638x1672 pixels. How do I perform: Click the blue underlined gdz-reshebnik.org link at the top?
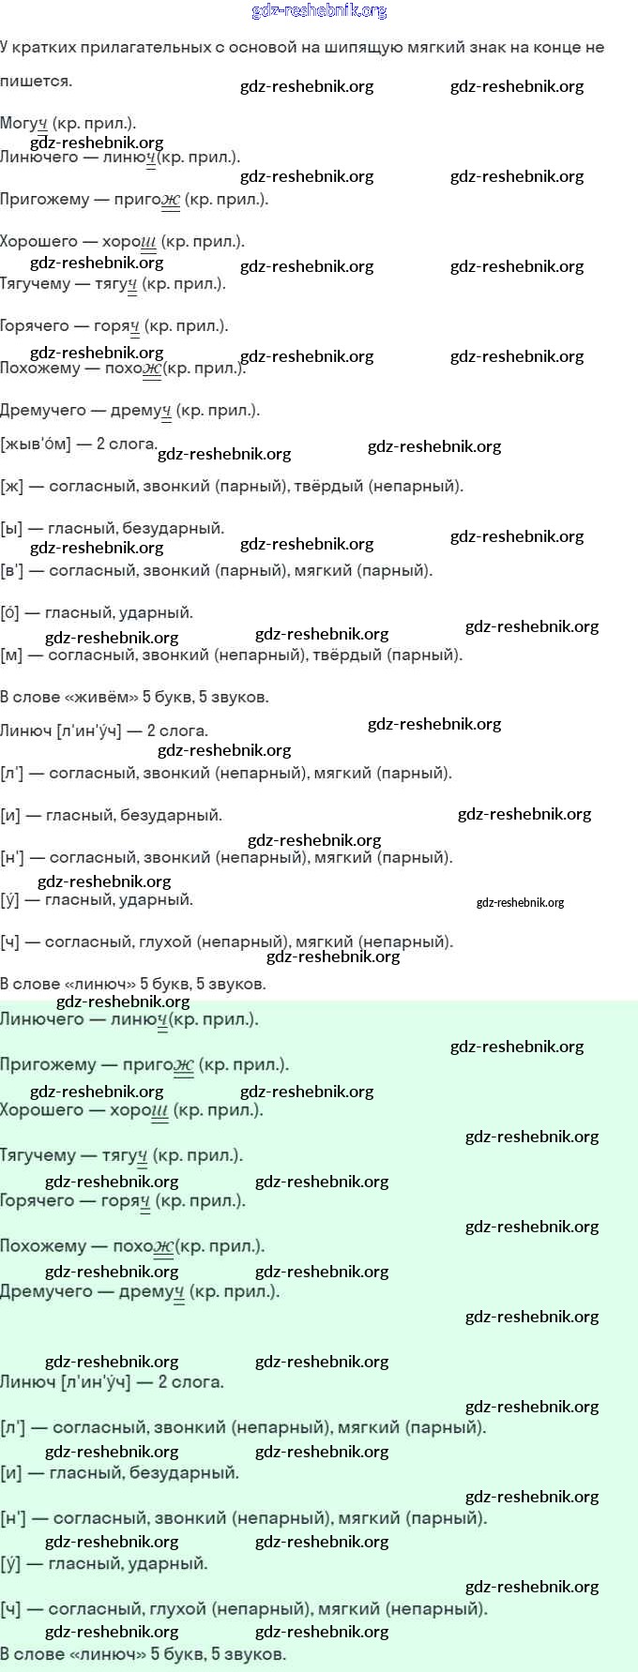click(319, 11)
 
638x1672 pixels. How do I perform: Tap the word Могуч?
click(23, 124)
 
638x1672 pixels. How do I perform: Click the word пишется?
click(36, 82)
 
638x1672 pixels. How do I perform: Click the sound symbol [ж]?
click(11, 486)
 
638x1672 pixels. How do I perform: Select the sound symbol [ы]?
click(11, 528)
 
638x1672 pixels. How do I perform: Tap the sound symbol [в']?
click(12, 570)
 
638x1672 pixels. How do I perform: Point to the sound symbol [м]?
click(11, 655)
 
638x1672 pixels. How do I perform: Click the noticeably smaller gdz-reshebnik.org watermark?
click(521, 903)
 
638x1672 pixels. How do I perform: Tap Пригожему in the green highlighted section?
click(49, 1064)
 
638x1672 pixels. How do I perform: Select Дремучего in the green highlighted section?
click(47, 1291)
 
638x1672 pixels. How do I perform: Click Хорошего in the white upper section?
click(38, 241)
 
